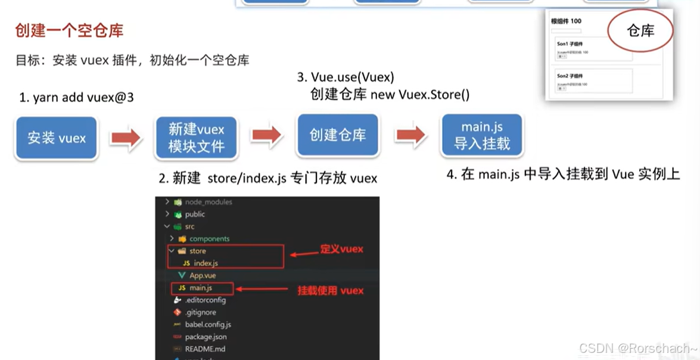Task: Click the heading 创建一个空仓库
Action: (x=70, y=30)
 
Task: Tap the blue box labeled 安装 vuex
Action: (x=57, y=138)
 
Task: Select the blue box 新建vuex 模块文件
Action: (x=197, y=138)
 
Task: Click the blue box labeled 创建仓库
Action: (x=338, y=135)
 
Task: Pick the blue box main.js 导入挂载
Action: (x=482, y=135)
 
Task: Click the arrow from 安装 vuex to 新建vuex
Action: (x=126, y=138)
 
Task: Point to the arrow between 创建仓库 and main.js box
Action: (x=411, y=135)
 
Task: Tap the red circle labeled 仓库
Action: (x=640, y=31)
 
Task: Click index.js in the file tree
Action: (x=206, y=263)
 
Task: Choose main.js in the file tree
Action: (x=201, y=288)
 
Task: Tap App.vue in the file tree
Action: (x=203, y=275)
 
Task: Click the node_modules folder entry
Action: (x=209, y=202)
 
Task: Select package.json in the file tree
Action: (x=206, y=337)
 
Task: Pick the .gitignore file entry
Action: (x=200, y=312)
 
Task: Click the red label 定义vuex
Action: (x=341, y=249)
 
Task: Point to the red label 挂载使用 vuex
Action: (x=331, y=290)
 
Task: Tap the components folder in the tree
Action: (x=209, y=238)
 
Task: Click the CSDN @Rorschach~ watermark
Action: (x=638, y=349)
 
